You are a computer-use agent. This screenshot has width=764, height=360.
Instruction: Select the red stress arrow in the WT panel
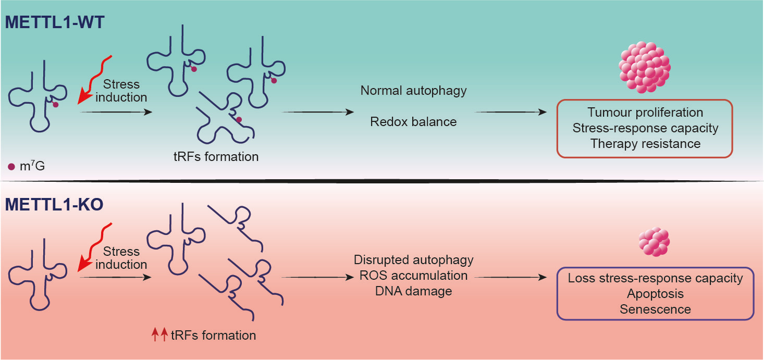(93, 78)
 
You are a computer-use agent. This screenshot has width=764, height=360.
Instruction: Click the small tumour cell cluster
(654, 242)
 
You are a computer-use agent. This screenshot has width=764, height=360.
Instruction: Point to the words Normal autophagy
(413, 91)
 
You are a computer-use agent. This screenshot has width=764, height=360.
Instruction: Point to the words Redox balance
(413, 122)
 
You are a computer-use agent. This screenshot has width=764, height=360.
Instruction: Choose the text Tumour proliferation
(645, 113)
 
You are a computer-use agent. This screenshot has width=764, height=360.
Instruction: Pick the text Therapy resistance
(645, 143)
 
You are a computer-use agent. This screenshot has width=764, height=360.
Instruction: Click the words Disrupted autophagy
(413, 260)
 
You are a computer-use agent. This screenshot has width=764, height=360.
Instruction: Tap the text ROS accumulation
(413, 275)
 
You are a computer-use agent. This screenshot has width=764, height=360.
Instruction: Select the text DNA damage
(413, 291)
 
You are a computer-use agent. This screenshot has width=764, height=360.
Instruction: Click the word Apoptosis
(655, 294)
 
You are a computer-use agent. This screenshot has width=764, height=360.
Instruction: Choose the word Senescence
(655, 309)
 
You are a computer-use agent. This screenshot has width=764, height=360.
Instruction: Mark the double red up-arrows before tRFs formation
(158, 335)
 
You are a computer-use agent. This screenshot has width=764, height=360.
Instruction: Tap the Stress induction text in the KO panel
(121, 258)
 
